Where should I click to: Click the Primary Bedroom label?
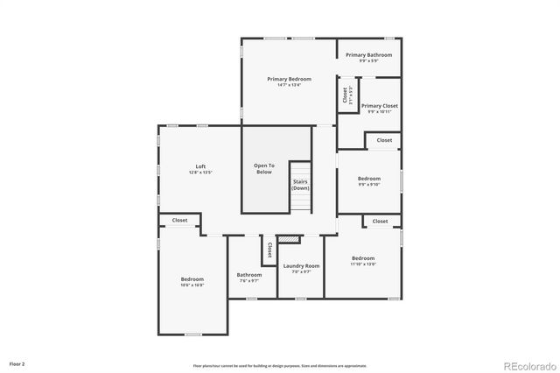point(289,79)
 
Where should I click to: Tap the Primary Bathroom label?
point(368,55)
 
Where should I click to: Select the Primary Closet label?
point(379,106)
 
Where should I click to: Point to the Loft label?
point(200,166)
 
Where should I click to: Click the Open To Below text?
point(264,168)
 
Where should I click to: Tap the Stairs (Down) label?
point(300,185)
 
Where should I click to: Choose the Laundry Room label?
point(301,265)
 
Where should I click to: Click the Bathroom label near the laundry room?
point(249,274)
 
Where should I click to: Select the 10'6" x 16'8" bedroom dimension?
point(192,285)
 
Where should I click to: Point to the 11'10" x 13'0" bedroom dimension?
point(363,264)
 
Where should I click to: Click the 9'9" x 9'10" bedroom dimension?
point(369,185)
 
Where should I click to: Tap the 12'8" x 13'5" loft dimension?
point(200,173)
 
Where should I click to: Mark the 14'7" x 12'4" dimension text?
point(289,85)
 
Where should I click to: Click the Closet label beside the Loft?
point(179,220)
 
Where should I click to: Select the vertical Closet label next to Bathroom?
point(269,250)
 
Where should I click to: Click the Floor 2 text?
point(17,362)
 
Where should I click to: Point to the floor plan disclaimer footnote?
point(280,365)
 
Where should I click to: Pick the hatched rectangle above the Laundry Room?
point(288,239)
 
